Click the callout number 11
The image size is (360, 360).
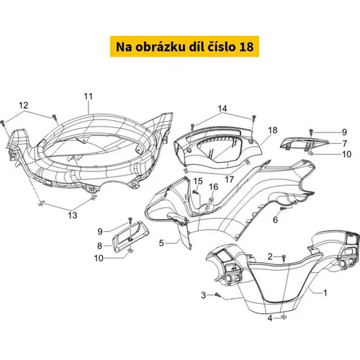pyautogui.click(x=88, y=96)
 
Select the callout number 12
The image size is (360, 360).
pyautogui.click(x=24, y=105)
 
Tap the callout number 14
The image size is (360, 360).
pyautogui.click(x=222, y=109)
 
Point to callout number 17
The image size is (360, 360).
pyautogui.click(x=229, y=179)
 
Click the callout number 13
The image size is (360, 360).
pyautogui.click(x=73, y=215)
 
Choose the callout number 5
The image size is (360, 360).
pyautogui.click(x=161, y=243)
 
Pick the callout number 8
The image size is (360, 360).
pyautogui.click(x=99, y=246)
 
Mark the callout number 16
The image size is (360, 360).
pyautogui.click(x=214, y=187)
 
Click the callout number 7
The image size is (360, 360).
pyautogui.click(x=345, y=143)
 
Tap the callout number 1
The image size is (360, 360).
pyautogui.click(x=325, y=293)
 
